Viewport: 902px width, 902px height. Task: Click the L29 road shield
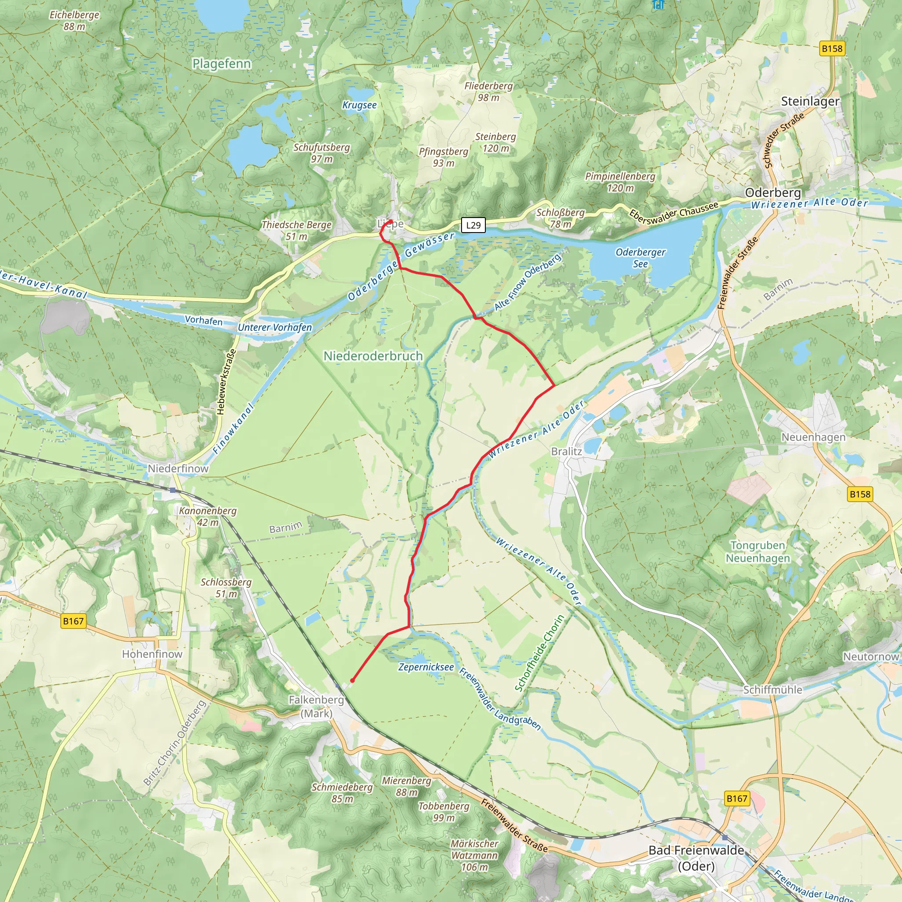(473, 225)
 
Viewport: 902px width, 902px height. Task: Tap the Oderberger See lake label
(640, 258)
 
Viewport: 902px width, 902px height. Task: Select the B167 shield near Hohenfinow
(73, 621)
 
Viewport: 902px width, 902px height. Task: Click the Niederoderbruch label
(373, 356)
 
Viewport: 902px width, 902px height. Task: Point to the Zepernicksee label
(425, 667)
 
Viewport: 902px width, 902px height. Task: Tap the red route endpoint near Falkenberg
(352, 680)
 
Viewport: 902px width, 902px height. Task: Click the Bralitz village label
(566, 451)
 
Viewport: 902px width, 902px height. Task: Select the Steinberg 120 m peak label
(495, 142)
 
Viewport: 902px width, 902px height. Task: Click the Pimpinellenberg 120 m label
(620, 182)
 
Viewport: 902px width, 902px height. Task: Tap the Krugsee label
(359, 105)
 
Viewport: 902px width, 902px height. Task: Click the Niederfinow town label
(178, 468)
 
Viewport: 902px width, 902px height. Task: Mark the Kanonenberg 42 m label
(208, 516)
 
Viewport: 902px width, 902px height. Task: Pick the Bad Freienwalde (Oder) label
(696, 858)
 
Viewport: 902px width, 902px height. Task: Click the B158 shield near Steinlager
(832, 48)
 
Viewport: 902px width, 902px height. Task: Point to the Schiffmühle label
(773, 690)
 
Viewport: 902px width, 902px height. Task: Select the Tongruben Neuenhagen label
(758, 552)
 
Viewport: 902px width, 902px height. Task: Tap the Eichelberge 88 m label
(75, 21)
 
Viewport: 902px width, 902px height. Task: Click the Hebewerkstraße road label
(226, 382)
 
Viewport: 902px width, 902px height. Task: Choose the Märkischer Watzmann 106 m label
(474, 855)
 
